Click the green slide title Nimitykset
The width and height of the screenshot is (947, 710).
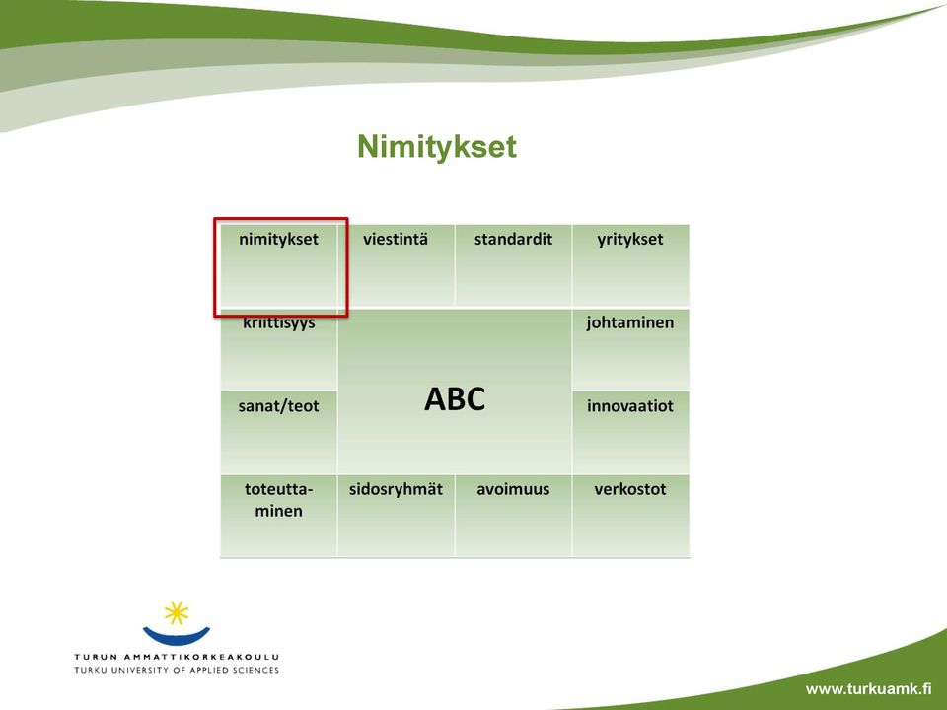click(x=437, y=147)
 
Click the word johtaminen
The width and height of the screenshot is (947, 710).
click(x=630, y=323)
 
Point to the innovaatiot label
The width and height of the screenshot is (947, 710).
click(x=630, y=405)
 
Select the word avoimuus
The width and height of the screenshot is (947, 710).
click(x=513, y=489)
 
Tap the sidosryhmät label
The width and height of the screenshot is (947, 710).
click(x=396, y=490)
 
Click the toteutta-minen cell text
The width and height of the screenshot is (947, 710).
click(x=278, y=500)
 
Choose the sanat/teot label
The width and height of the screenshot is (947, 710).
click(x=278, y=406)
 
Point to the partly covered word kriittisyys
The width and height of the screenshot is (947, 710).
click(x=279, y=323)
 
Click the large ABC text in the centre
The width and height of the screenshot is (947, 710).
click(x=455, y=399)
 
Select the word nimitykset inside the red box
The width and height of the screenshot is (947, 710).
click(x=278, y=239)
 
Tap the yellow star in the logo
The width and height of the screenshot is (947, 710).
click(x=177, y=612)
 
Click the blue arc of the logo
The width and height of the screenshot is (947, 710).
click(x=177, y=638)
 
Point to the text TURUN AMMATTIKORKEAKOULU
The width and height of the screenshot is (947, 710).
click(x=177, y=657)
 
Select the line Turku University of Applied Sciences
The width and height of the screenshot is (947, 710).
click(x=177, y=670)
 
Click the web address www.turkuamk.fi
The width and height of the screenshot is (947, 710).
click(x=868, y=689)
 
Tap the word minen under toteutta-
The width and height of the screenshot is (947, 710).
click(x=278, y=511)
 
